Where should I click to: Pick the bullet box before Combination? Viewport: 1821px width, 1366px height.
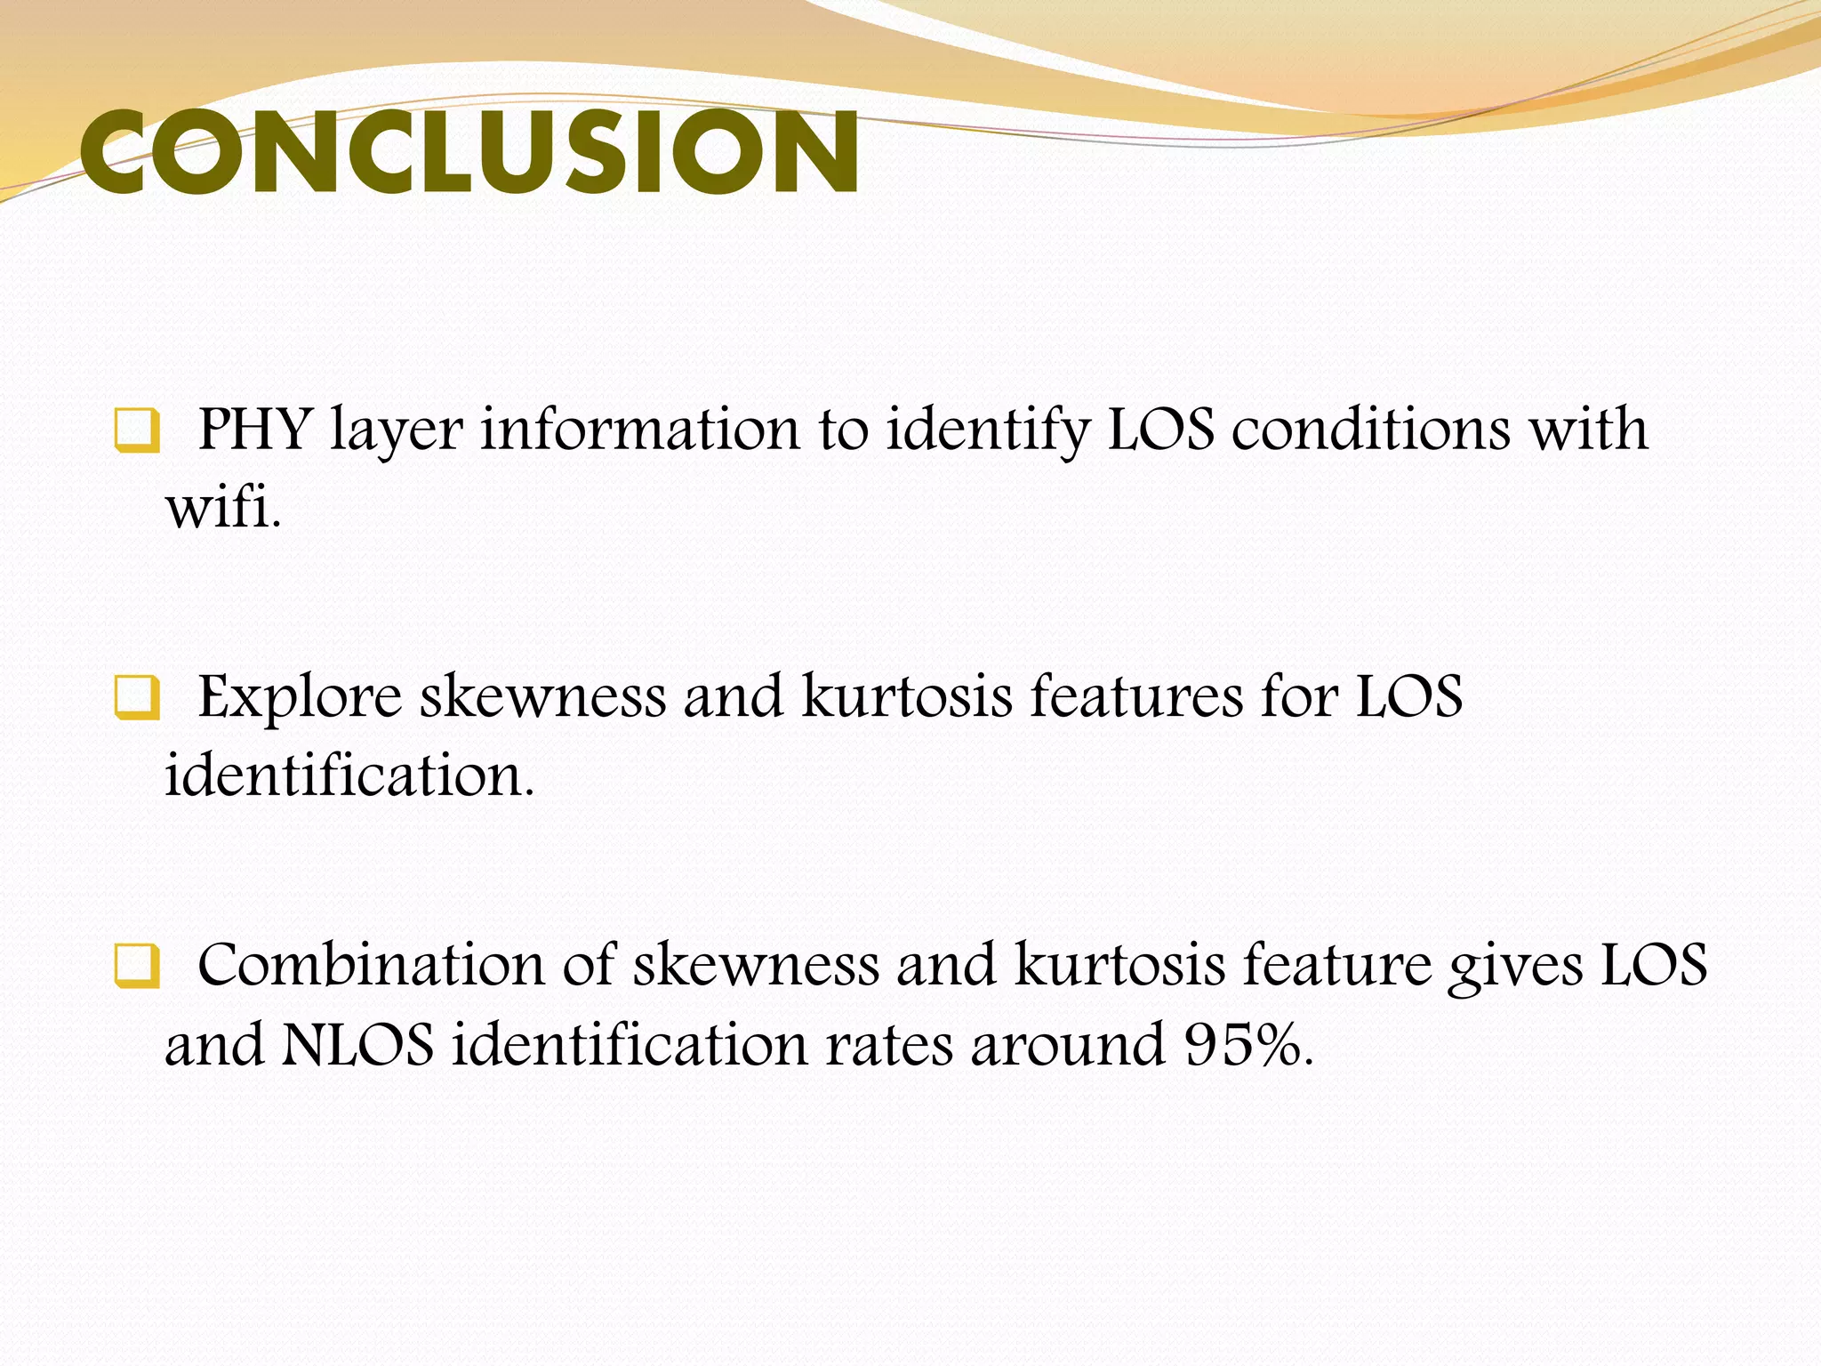tap(137, 967)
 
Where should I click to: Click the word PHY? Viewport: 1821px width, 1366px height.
tap(253, 430)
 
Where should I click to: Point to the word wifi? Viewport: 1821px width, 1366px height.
tap(222, 510)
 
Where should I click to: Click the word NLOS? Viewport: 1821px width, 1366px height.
tap(357, 1045)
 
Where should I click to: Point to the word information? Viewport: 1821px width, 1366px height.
tap(640, 430)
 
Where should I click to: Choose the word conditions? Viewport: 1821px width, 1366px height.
tap(1370, 430)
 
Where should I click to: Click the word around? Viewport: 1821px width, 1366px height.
tap(1067, 1045)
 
